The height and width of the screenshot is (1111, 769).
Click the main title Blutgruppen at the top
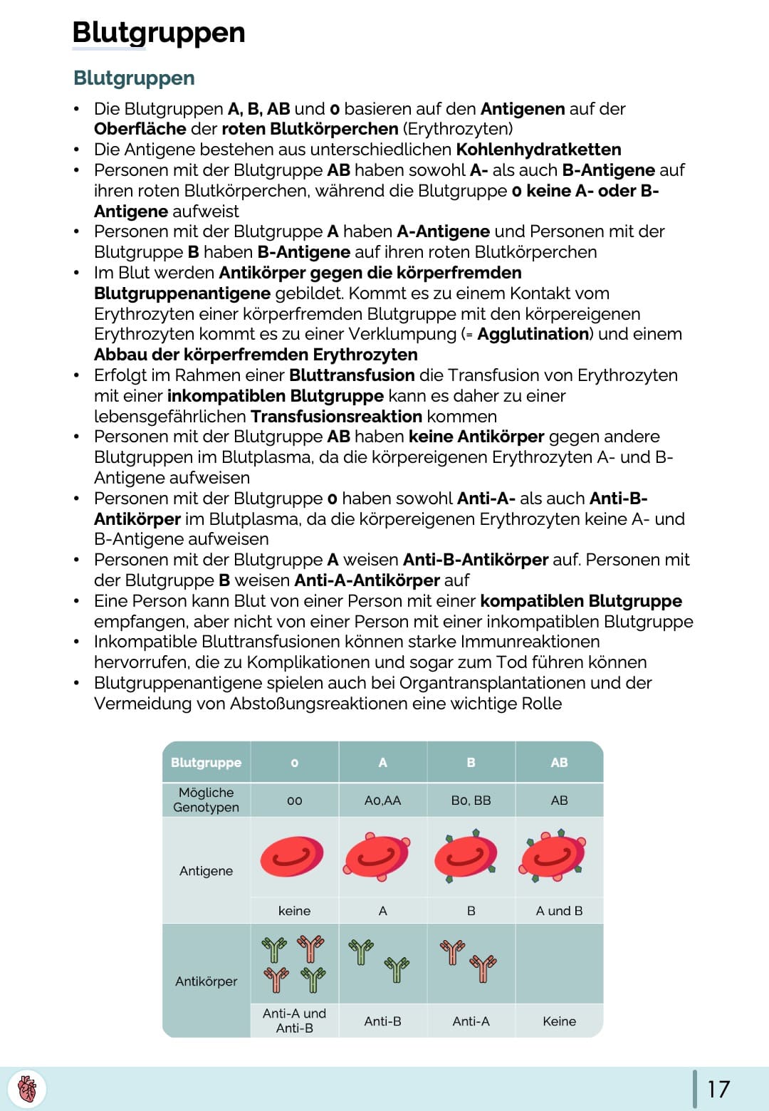click(x=159, y=33)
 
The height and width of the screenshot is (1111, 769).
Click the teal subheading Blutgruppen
click(x=134, y=78)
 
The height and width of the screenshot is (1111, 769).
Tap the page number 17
click(x=718, y=1089)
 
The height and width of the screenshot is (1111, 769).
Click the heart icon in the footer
click(x=27, y=1089)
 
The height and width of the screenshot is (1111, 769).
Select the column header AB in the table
click(x=559, y=762)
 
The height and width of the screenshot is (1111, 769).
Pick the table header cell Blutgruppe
click(x=206, y=762)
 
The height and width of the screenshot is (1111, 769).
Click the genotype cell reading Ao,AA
click(x=382, y=800)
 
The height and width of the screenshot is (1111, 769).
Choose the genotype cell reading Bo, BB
click(x=471, y=800)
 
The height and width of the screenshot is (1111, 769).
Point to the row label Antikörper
click(x=206, y=981)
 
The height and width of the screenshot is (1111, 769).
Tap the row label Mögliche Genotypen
click(x=206, y=800)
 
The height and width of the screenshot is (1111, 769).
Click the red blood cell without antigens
click(x=292, y=856)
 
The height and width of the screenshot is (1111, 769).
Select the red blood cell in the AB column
click(x=553, y=855)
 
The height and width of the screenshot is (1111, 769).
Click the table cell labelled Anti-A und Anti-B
click(x=294, y=1021)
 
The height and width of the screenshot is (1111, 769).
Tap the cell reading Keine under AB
click(x=559, y=1021)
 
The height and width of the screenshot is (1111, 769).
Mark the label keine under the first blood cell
click(x=294, y=911)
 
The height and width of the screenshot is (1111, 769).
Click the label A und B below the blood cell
click(x=559, y=911)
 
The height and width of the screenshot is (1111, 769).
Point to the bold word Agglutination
click(x=533, y=334)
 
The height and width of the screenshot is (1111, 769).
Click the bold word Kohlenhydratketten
click(x=538, y=150)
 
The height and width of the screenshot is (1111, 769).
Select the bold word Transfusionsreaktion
click(x=336, y=417)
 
